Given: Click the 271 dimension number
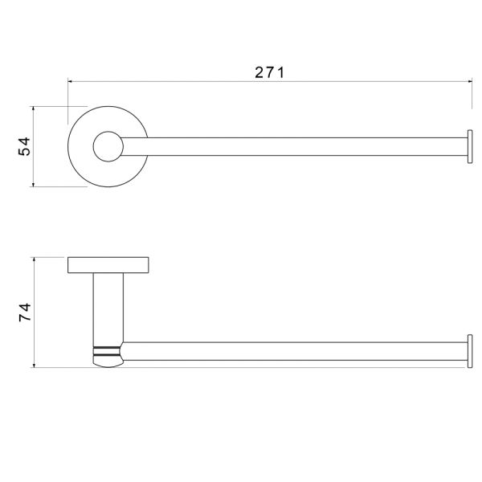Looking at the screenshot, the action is coord(270,72).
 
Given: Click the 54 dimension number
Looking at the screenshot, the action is coord(25,146).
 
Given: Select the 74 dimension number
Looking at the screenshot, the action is coord(25,312).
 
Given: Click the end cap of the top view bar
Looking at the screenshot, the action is coord(470,146).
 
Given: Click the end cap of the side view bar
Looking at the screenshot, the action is coord(470,351).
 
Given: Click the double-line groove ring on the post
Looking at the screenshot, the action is coord(107,351).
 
